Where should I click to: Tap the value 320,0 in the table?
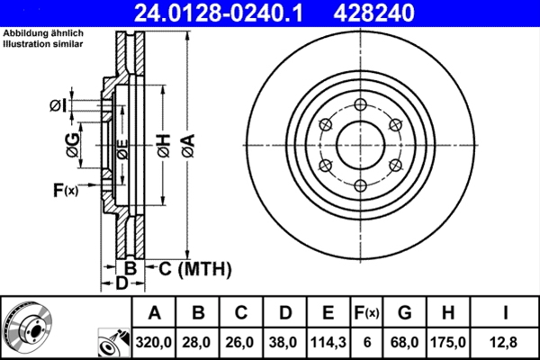155,342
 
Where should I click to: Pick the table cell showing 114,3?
328,342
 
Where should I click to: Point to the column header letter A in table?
155,312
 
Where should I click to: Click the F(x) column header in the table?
365,312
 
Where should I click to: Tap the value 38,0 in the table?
284,342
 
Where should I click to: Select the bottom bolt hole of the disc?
360,185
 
